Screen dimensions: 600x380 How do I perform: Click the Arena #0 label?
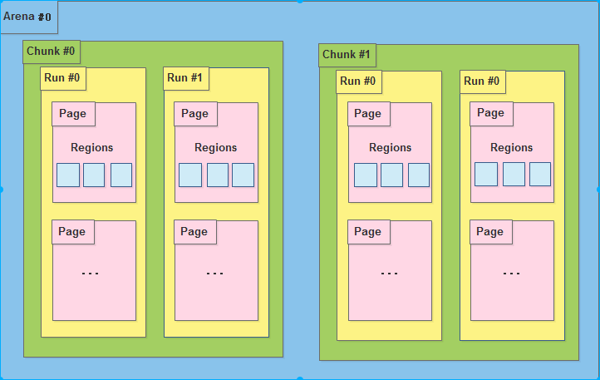click(x=27, y=17)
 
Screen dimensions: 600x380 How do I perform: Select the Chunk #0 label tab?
click(x=52, y=52)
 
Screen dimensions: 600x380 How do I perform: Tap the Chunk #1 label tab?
click(x=347, y=55)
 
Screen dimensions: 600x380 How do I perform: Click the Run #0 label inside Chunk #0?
click(x=62, y=78)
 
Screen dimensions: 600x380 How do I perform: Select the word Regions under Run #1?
click(x=215, y=147)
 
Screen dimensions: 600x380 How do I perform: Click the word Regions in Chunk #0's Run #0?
click(x=92, y=147)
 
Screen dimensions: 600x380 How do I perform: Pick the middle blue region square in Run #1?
click(x=218, y=175)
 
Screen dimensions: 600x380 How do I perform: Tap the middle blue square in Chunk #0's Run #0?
click(x=94, y=175)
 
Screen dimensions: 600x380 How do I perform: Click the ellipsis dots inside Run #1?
click(x=214, y=274)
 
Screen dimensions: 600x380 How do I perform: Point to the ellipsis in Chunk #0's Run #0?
click(x=91, y=274)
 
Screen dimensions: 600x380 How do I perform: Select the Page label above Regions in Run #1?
click(x=195, y=114)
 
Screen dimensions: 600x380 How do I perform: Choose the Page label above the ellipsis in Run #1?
click(x=194, y=232)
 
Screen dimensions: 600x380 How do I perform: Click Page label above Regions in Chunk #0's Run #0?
click(x=73, y=114)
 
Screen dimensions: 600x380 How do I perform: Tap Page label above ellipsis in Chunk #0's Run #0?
click(x=72, y=232)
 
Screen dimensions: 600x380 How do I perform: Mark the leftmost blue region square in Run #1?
click(x=190, y=175)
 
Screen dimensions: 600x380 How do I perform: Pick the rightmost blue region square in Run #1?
click(x=243, y=175)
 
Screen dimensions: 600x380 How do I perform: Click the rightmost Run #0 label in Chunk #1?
click(x=482, y=81)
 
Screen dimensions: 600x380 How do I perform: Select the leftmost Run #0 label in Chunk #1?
click(x=358, y=81)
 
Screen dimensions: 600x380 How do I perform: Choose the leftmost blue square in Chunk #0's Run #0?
click(x=68, y=175)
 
